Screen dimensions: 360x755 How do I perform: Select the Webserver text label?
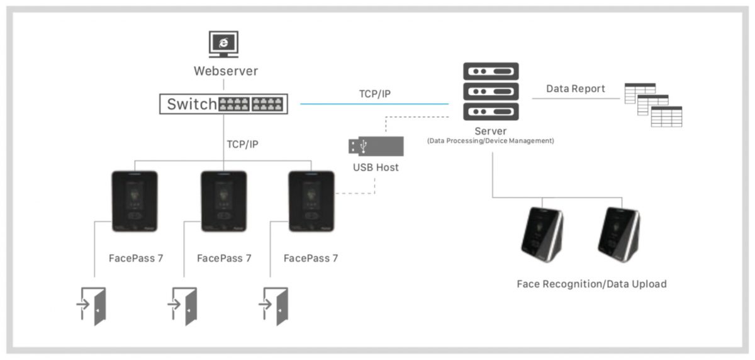(x=225, y=71)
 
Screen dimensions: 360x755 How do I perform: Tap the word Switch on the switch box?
(x=191, y=104)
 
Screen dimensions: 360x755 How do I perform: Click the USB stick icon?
(x=376, y=146)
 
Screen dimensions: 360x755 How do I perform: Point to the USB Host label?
(x=376, y=167)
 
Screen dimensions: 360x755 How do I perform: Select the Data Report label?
(x=575, y=89)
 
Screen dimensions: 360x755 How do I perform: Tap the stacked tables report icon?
(x=652, y=104)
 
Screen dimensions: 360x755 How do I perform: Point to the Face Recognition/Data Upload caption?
(x=591, y=284)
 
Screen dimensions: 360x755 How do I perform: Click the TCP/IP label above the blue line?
(x=374, y=94)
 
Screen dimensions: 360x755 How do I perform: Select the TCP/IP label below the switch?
(x=242, y=144)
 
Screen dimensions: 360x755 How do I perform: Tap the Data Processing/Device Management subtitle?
(x=490, y=141)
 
